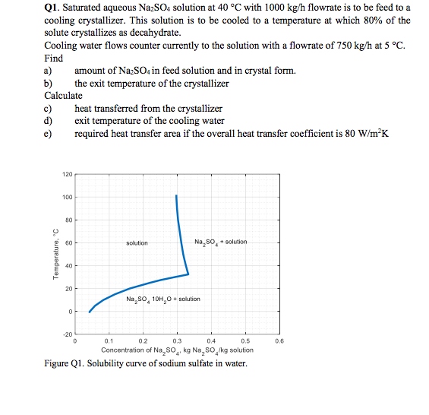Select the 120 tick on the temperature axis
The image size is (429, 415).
[x=67, y=174]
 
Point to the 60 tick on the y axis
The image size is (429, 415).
[x=68, y=243]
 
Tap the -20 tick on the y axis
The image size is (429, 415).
[x=67, y=334]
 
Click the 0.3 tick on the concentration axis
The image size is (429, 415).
[x=177, y=342]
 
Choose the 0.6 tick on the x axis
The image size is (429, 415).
[x=280, y=342]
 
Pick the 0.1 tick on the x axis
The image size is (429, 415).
[x=109, y=342]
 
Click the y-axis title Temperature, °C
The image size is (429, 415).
[x=55, y=255]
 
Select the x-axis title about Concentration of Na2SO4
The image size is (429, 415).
[x=178, y=350]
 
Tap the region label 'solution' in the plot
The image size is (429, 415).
[x=137, y=243]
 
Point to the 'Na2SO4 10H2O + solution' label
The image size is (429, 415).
[x=163, y=299]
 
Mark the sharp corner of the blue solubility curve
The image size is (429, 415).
[x=188, y=274]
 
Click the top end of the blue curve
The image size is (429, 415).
[x=176, y=196]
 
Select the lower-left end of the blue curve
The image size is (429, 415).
[x=89, y=312]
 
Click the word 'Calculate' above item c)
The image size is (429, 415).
[x=64, y=96]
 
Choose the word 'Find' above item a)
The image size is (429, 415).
[x=54, y=59]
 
